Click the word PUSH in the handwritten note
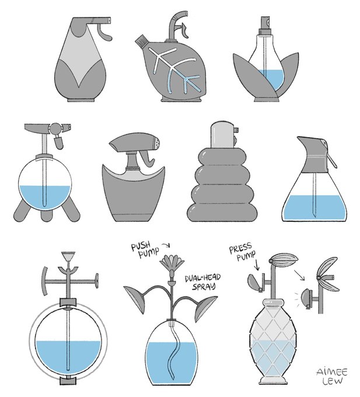coord(141,246)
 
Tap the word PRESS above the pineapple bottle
coord(240,248)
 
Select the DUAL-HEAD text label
coord(202,278)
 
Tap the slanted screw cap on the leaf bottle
coord(142,41)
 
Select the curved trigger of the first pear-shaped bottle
coord(104,33)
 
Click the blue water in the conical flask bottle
coord(314,207)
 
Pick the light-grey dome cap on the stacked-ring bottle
coord(222,135)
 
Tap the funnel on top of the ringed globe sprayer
coord(68,256)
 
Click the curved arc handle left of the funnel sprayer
coord(44,281)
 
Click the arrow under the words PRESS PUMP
coord(257,264)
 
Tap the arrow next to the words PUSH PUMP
coord(166,245)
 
